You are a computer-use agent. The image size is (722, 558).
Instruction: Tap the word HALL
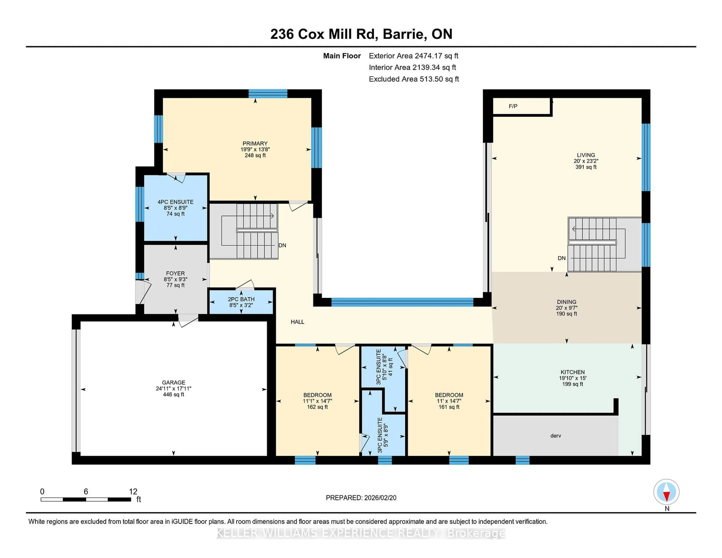click(x=297, y=322)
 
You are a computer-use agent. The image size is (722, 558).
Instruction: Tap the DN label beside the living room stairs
click(x=561, y=258)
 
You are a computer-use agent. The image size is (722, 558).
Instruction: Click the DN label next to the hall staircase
click(x=282, y=245)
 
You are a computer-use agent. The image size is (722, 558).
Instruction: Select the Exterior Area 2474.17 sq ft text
click(x=413, y=56)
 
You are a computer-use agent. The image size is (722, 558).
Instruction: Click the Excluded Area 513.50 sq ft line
click(x=414, y=79)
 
